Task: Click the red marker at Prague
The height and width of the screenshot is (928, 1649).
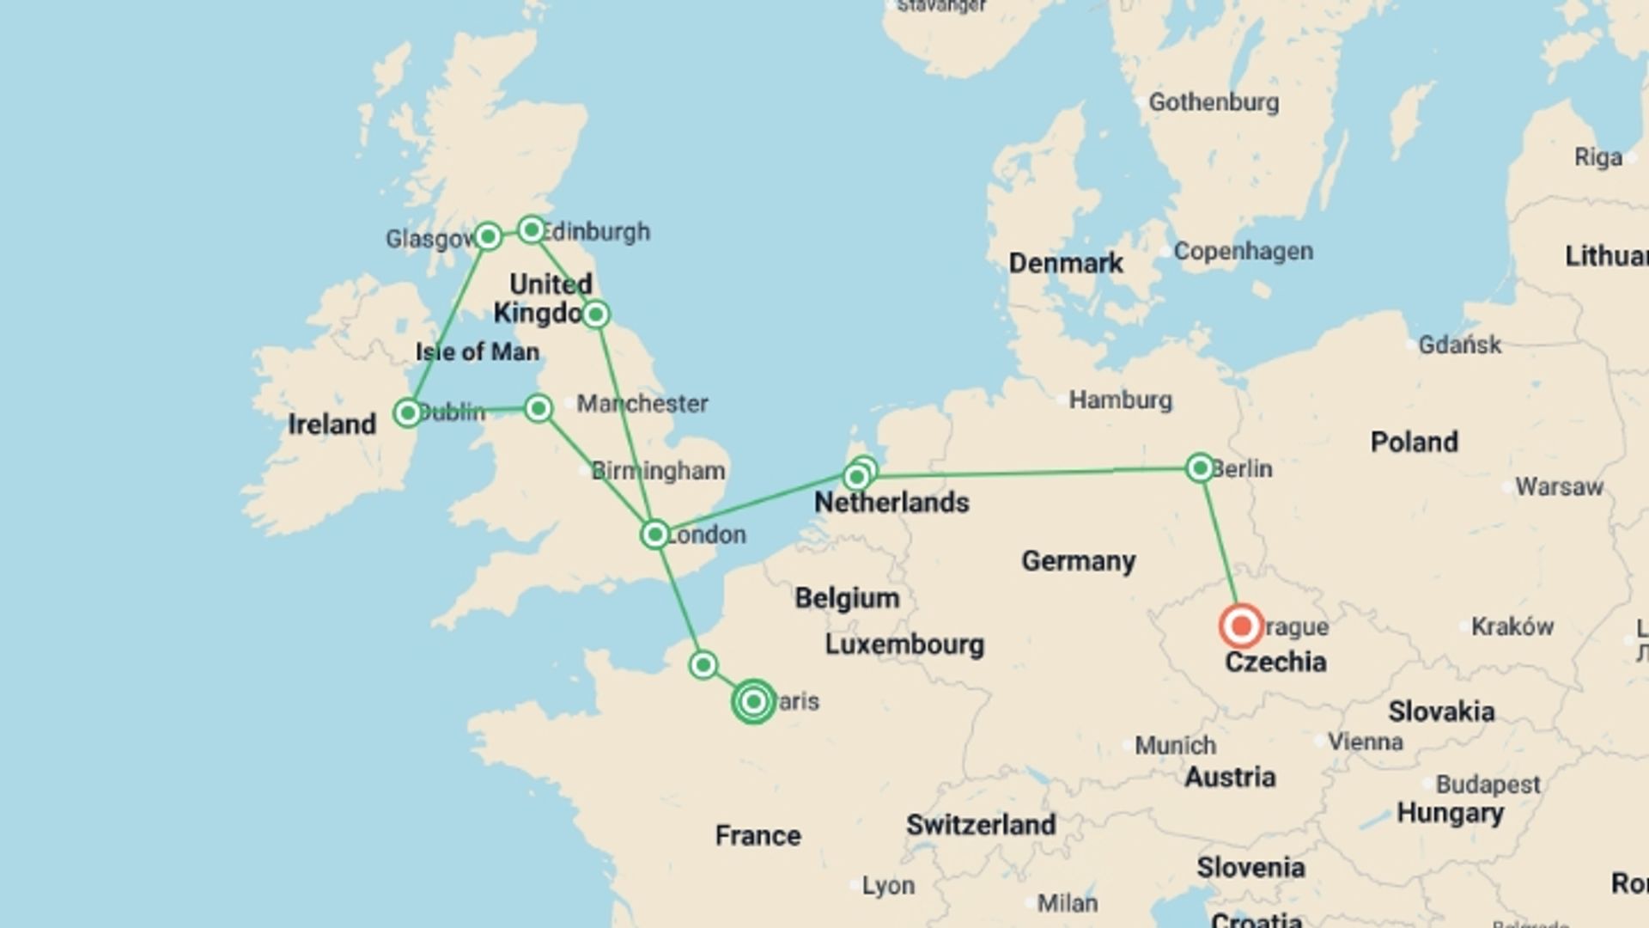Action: point(1241,626)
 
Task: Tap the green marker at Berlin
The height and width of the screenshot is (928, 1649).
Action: point(1200,467)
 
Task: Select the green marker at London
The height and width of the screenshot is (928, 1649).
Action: point(654,534)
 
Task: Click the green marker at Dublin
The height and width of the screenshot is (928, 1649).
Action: point(407,412)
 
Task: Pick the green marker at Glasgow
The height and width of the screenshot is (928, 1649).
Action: point(488,236)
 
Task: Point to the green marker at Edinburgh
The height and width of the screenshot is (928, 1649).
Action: point(532,229)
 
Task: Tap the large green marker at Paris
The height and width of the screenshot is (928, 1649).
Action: point(753,701)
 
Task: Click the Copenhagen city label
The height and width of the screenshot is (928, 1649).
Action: point(1243,252)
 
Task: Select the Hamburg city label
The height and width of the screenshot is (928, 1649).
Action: point(1120,400)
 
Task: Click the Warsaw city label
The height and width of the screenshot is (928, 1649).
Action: point(1559,487)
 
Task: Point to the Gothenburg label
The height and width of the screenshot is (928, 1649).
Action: point(1214,102)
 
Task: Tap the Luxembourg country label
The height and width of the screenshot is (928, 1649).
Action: point(904,644)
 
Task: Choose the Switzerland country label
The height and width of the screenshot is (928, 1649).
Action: point(981,825)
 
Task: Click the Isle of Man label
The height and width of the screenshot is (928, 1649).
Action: point(478,351)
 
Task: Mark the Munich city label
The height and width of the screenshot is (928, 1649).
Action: point(1175,745)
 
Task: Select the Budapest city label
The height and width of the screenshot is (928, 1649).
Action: point(1488,785)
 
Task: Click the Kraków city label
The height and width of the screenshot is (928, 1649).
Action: point(1512,626)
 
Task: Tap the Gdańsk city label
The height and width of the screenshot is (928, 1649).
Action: point(1459,345)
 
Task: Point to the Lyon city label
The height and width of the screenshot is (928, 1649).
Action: point(888,885)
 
